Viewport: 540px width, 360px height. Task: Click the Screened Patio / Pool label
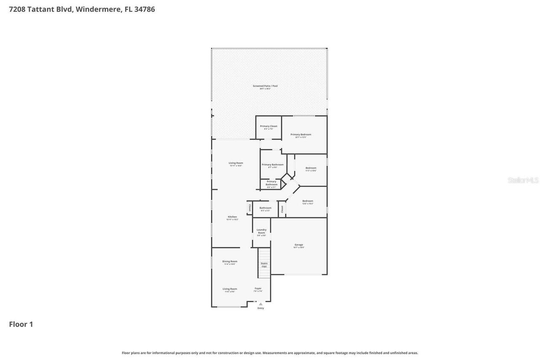point(265,86)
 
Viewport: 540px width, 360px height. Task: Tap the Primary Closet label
point(268,126)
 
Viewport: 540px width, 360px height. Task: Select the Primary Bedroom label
point(301,135)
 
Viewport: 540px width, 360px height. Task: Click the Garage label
point(299,245)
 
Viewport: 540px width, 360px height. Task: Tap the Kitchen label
point(232,217)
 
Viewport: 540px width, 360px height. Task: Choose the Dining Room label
point(230,261)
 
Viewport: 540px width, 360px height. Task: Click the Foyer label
point(258,289)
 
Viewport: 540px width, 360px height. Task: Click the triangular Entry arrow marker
point(261,304)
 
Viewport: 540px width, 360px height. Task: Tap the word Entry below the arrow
point(261,308)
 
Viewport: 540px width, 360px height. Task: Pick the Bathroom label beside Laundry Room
point(265,208)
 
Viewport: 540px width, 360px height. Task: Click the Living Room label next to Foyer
point(230,289)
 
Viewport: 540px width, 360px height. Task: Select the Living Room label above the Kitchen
point(236,163)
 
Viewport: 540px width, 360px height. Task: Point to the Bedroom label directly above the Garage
point(308,201)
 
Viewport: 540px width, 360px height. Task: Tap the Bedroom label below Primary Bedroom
point(311,168)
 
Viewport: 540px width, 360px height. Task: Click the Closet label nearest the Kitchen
point(249,208)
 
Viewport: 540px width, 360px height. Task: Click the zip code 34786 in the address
point(144,9)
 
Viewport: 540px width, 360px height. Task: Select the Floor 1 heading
point(21,324)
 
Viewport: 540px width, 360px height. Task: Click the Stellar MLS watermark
point(523,180)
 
